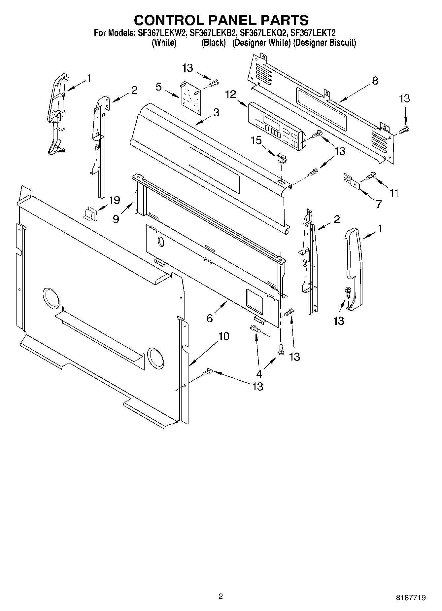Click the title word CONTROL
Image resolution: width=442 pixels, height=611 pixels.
pos(169,20)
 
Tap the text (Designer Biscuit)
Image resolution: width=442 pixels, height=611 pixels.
pos(324,43)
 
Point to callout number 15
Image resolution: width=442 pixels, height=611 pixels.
pos(256,141)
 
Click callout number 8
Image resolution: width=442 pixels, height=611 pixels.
pos(375,80)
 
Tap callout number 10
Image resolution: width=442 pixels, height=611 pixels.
pos(223,336)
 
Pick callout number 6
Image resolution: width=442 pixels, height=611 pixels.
pos(210,318)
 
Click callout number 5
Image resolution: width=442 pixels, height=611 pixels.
pos(159,87)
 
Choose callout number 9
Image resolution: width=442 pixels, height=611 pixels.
pos(116,219)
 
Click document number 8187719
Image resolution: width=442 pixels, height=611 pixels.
pos(411,597)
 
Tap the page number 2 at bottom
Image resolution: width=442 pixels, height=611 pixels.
pos(221,596)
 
